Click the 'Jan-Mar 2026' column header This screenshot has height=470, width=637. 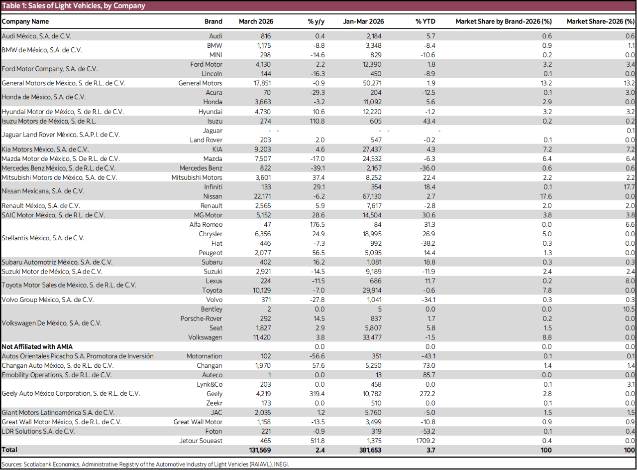pos(363,21)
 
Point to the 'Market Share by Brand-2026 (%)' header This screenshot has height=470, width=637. pos(504,21)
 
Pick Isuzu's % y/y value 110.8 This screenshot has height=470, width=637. pos(317,121)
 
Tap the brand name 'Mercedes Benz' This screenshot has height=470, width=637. pos(201,168)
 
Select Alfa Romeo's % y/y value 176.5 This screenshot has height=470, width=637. pos(317,224)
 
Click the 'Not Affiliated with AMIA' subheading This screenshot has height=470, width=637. pos(37,346)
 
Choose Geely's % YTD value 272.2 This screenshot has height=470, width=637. pos(426,394)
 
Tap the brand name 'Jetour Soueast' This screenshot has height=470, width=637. pos(201,441)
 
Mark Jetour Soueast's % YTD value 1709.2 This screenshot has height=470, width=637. pos(425,441)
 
